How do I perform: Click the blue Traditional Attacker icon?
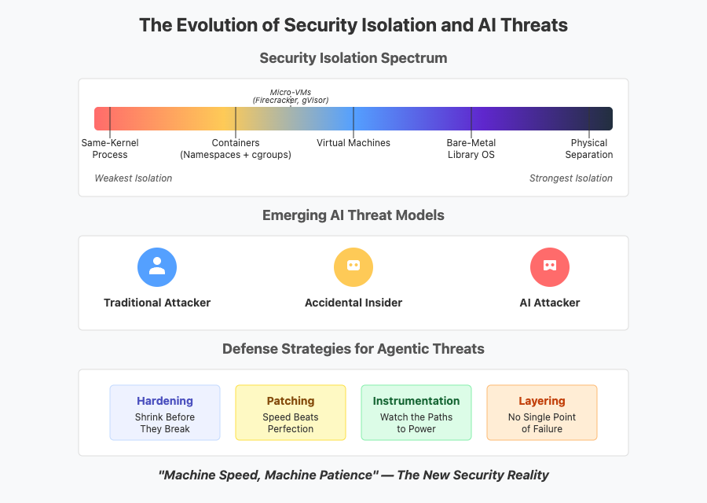coord(157,267)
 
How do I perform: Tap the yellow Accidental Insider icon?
coord(353,267)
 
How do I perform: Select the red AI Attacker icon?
coord(550,267)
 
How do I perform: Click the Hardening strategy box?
coord(165,413)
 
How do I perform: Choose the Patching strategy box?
coord(291,413)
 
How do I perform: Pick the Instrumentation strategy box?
coord(416,413)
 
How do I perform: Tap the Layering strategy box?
coord(542,413)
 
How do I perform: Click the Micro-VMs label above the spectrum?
coord(291,96)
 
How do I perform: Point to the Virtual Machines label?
coord(353,143)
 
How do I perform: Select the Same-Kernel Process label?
coord(110,149)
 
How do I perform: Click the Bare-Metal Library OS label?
coord(471,149)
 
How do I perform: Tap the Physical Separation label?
coord(589,149)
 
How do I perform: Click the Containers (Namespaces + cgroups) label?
coord(236,149)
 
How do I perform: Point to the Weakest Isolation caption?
coord(133,178)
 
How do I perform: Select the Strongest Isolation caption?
coord(571,178)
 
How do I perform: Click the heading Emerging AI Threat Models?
coord(353,215)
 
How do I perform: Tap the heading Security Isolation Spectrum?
coord(353,58)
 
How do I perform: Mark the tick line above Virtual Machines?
coord(353,123)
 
